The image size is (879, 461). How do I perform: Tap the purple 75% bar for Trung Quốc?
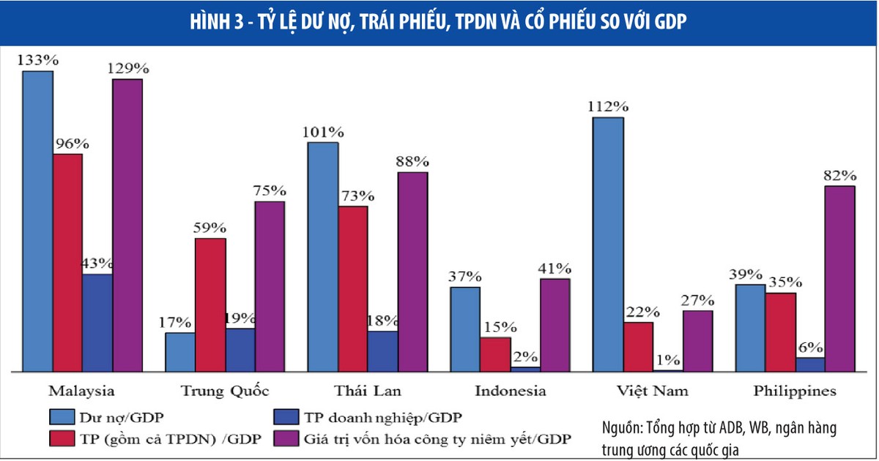(270, 287)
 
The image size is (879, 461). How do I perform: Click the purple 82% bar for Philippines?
(840, 279)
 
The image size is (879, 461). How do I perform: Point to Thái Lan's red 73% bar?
(353, 289)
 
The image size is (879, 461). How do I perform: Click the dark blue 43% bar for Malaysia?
(97, 323)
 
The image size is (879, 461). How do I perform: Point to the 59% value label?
(210, 227)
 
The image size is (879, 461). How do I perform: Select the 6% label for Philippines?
(810, 347)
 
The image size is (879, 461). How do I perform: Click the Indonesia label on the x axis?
(510, 391)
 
